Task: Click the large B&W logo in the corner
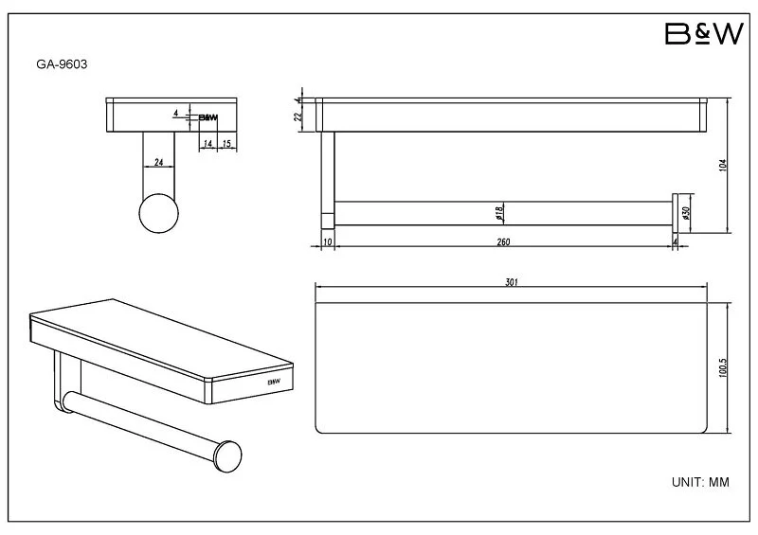click(x=704, y=33)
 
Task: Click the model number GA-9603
click(x=62, y=64)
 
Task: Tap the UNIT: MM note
click(x=700, y=482)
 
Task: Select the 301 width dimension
click(x=512, y=282)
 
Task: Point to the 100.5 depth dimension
click(x=723, y=367)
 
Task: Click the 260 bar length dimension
click(x=503, y=241)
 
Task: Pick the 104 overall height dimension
click(x=723, y=166)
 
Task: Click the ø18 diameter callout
click(x=500, y=212)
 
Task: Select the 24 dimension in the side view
click(x=158, y=162)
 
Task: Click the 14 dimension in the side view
click(x=208, y=144)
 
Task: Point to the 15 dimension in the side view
click(x=226, y=144)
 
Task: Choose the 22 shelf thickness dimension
click(x=298, y=116)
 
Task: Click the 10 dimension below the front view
click(x=327, y=241)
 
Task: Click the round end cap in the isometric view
click(x=227, y=456)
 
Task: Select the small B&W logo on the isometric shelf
click(x=274, y=382)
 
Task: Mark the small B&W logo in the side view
click(x=208, y=117)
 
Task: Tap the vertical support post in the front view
click(x=328, y=180)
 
